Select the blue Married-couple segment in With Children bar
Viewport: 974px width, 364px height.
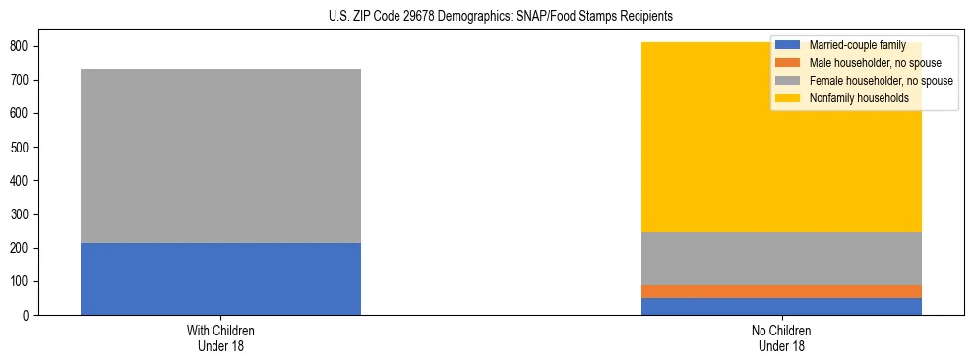[220, 278]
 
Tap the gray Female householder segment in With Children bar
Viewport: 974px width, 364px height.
[220, 155]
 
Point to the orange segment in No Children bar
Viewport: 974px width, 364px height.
[781, 291]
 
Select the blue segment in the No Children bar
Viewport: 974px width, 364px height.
[781, 306]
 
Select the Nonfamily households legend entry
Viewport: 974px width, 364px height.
[852, 98]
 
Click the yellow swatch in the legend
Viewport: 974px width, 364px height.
[788, 98]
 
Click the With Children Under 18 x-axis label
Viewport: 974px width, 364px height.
[220, 338]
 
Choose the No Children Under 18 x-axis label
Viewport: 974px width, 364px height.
[781, 338]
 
